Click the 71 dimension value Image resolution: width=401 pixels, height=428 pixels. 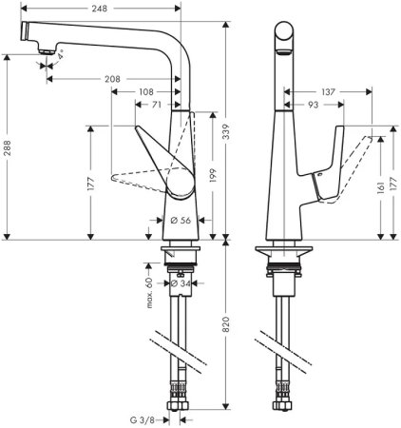coord(156,107)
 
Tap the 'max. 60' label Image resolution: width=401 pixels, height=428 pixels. coord(148,282)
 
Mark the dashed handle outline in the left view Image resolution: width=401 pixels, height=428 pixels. coord(138,179)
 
